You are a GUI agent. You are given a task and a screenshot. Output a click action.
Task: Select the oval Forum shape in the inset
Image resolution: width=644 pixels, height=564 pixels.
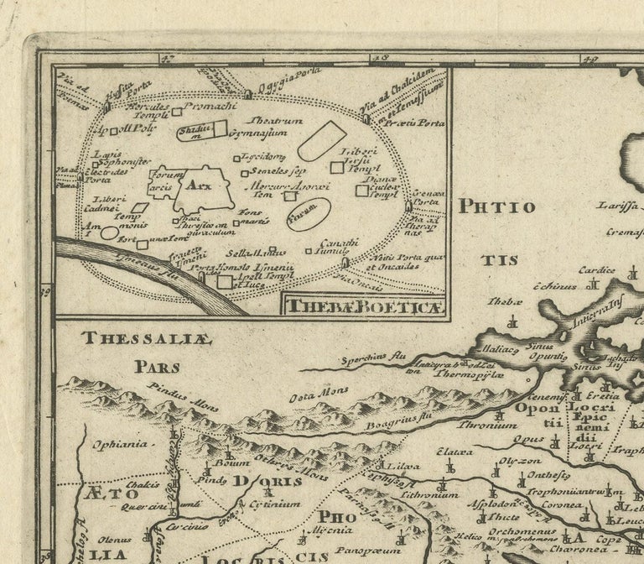[x=308, y=214]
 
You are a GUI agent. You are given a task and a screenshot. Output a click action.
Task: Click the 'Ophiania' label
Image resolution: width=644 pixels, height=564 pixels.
[x=113, y=443]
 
